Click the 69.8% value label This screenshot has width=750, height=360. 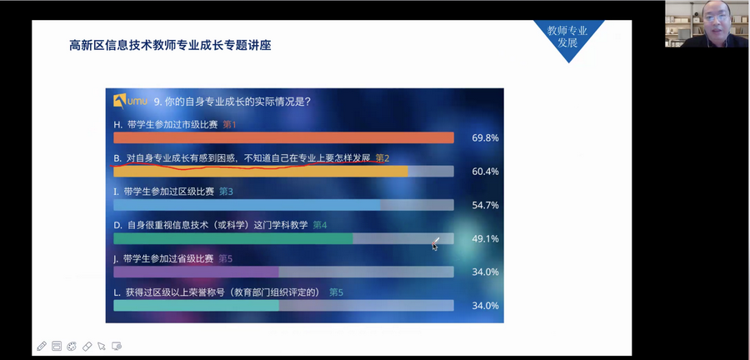485,138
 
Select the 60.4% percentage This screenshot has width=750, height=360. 485,172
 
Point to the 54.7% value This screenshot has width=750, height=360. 485,205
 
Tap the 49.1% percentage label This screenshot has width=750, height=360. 485,238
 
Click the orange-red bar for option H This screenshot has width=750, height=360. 283,137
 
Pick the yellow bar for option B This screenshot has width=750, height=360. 261,171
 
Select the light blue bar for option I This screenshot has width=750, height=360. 247,205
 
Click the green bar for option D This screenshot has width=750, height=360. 233,238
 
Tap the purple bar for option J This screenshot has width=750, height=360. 196,272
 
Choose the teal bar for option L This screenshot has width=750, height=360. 196,306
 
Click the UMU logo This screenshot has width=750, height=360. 130,101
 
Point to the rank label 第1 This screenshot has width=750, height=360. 230,125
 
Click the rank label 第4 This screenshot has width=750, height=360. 319,225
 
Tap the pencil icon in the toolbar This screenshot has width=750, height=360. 42,346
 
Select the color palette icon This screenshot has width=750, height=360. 72,346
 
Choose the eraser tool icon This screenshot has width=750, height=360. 87,346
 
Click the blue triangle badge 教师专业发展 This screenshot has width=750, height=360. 567,37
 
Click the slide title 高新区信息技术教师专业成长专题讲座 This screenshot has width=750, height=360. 170,46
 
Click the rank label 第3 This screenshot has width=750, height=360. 226,191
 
